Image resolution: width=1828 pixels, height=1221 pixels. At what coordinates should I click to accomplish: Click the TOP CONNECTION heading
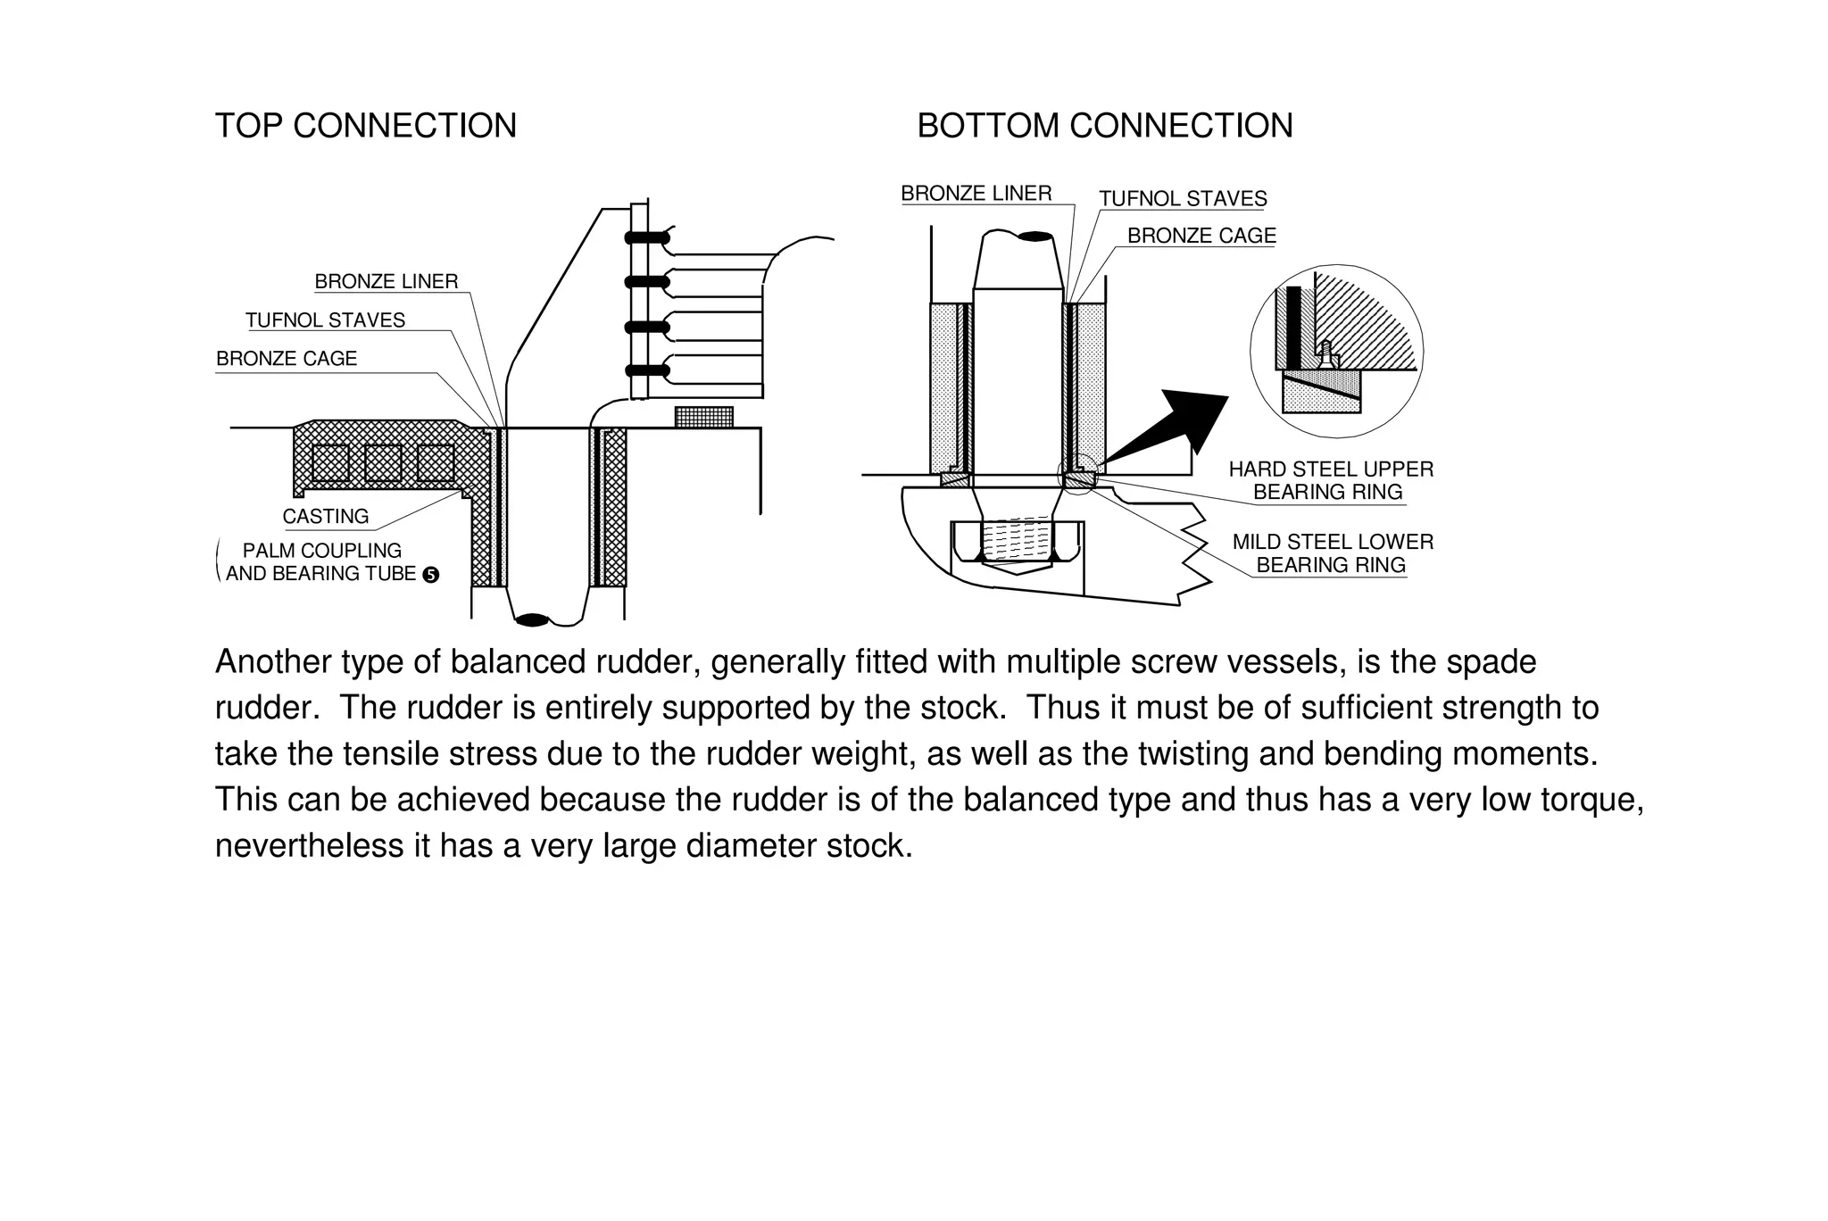click(x=365, y=126)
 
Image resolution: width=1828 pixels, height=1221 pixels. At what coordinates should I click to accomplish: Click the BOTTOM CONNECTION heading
click(x=1105, y=126)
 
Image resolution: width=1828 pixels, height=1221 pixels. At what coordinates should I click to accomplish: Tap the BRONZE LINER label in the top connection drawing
click(x=386, y=281)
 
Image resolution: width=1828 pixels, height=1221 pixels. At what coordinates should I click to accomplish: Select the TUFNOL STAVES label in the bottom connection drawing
click(x=1183, y=199)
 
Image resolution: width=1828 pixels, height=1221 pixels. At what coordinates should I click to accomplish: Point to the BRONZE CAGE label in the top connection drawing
click(x=287, y=359)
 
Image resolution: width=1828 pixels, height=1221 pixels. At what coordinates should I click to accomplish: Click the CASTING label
click(x=325, y=517)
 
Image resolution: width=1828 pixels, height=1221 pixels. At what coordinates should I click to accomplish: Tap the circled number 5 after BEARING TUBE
click(x=430, y=575)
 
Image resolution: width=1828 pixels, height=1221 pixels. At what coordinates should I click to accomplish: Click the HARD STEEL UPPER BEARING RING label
click(x=1330, y=480)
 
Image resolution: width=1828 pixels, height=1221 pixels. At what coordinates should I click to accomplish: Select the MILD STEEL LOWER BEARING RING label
click(x=1332, y=553)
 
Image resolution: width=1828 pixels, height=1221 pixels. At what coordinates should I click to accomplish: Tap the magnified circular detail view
click(x=1336, y=352)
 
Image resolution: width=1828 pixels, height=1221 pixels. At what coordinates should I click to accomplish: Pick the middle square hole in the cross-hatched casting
click(x=383, y=462)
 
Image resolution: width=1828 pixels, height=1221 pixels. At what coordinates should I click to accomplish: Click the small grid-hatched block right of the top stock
click(x=703, y=417)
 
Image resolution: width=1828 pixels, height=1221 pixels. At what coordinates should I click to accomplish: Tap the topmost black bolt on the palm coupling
click(x=646, y=237)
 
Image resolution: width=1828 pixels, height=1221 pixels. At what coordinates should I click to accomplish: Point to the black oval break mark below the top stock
click(x=533, y=619)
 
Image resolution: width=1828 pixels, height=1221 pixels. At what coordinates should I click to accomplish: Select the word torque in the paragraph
click(x=1588, y=799)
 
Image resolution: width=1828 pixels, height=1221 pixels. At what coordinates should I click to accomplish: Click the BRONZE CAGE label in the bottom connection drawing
click(x=1201, y=236)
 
